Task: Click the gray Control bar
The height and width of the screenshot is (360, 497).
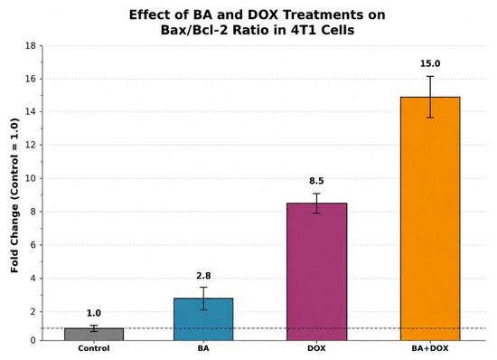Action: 94,335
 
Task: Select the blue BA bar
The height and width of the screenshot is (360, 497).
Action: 203,319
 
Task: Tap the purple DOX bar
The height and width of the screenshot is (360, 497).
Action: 316,272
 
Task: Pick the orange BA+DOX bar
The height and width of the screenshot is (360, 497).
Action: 430,219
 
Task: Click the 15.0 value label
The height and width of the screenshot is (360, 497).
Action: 430,63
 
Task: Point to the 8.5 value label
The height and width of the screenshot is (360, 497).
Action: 316,181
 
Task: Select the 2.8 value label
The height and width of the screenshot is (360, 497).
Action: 203,276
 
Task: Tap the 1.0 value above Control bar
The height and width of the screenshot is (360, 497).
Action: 94,313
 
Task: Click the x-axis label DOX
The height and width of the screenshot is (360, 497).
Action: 316,348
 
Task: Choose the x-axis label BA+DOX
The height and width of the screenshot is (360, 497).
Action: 430,348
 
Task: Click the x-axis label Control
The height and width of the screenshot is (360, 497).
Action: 94,348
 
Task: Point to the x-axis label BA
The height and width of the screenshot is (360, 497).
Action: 203,348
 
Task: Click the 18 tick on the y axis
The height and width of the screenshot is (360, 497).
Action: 31,46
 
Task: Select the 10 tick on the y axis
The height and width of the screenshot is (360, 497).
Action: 31,178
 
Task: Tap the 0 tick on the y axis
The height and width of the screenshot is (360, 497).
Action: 33,341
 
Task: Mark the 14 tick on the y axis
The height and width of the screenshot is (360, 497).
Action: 31,112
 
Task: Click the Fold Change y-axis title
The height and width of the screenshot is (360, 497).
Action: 14,195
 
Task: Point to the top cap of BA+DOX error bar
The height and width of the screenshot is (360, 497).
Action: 430,76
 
